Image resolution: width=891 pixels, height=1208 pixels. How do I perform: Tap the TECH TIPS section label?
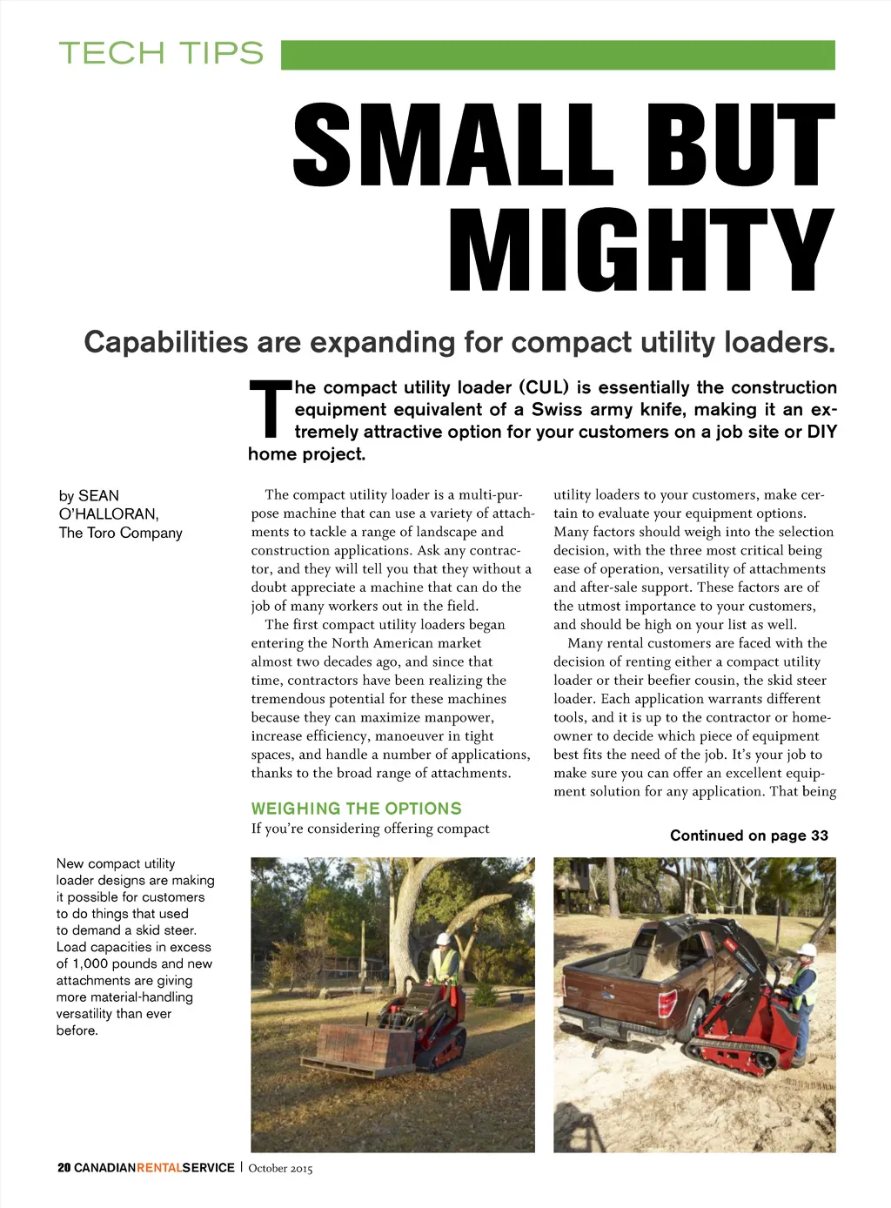(x=161, y=53)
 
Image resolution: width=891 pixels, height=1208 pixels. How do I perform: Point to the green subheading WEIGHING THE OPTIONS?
(x=356, y=809)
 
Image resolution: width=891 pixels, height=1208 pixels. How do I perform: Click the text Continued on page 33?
(x=748, y=836)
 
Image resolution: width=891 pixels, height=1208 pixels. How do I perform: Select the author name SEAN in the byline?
(x=98, y=496)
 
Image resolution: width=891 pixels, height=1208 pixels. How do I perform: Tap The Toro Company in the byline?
(x=121, y=533)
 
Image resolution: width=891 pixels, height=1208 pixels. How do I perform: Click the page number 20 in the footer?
(x=64, y=1168)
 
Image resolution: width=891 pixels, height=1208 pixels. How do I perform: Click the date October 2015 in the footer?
(x=280, y=1168)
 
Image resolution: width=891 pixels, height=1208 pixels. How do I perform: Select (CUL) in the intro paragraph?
(x=544, y=387)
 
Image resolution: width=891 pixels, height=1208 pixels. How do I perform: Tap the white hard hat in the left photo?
(x=443, y=939)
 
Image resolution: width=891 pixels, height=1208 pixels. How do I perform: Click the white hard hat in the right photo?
(x=807, y=950)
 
